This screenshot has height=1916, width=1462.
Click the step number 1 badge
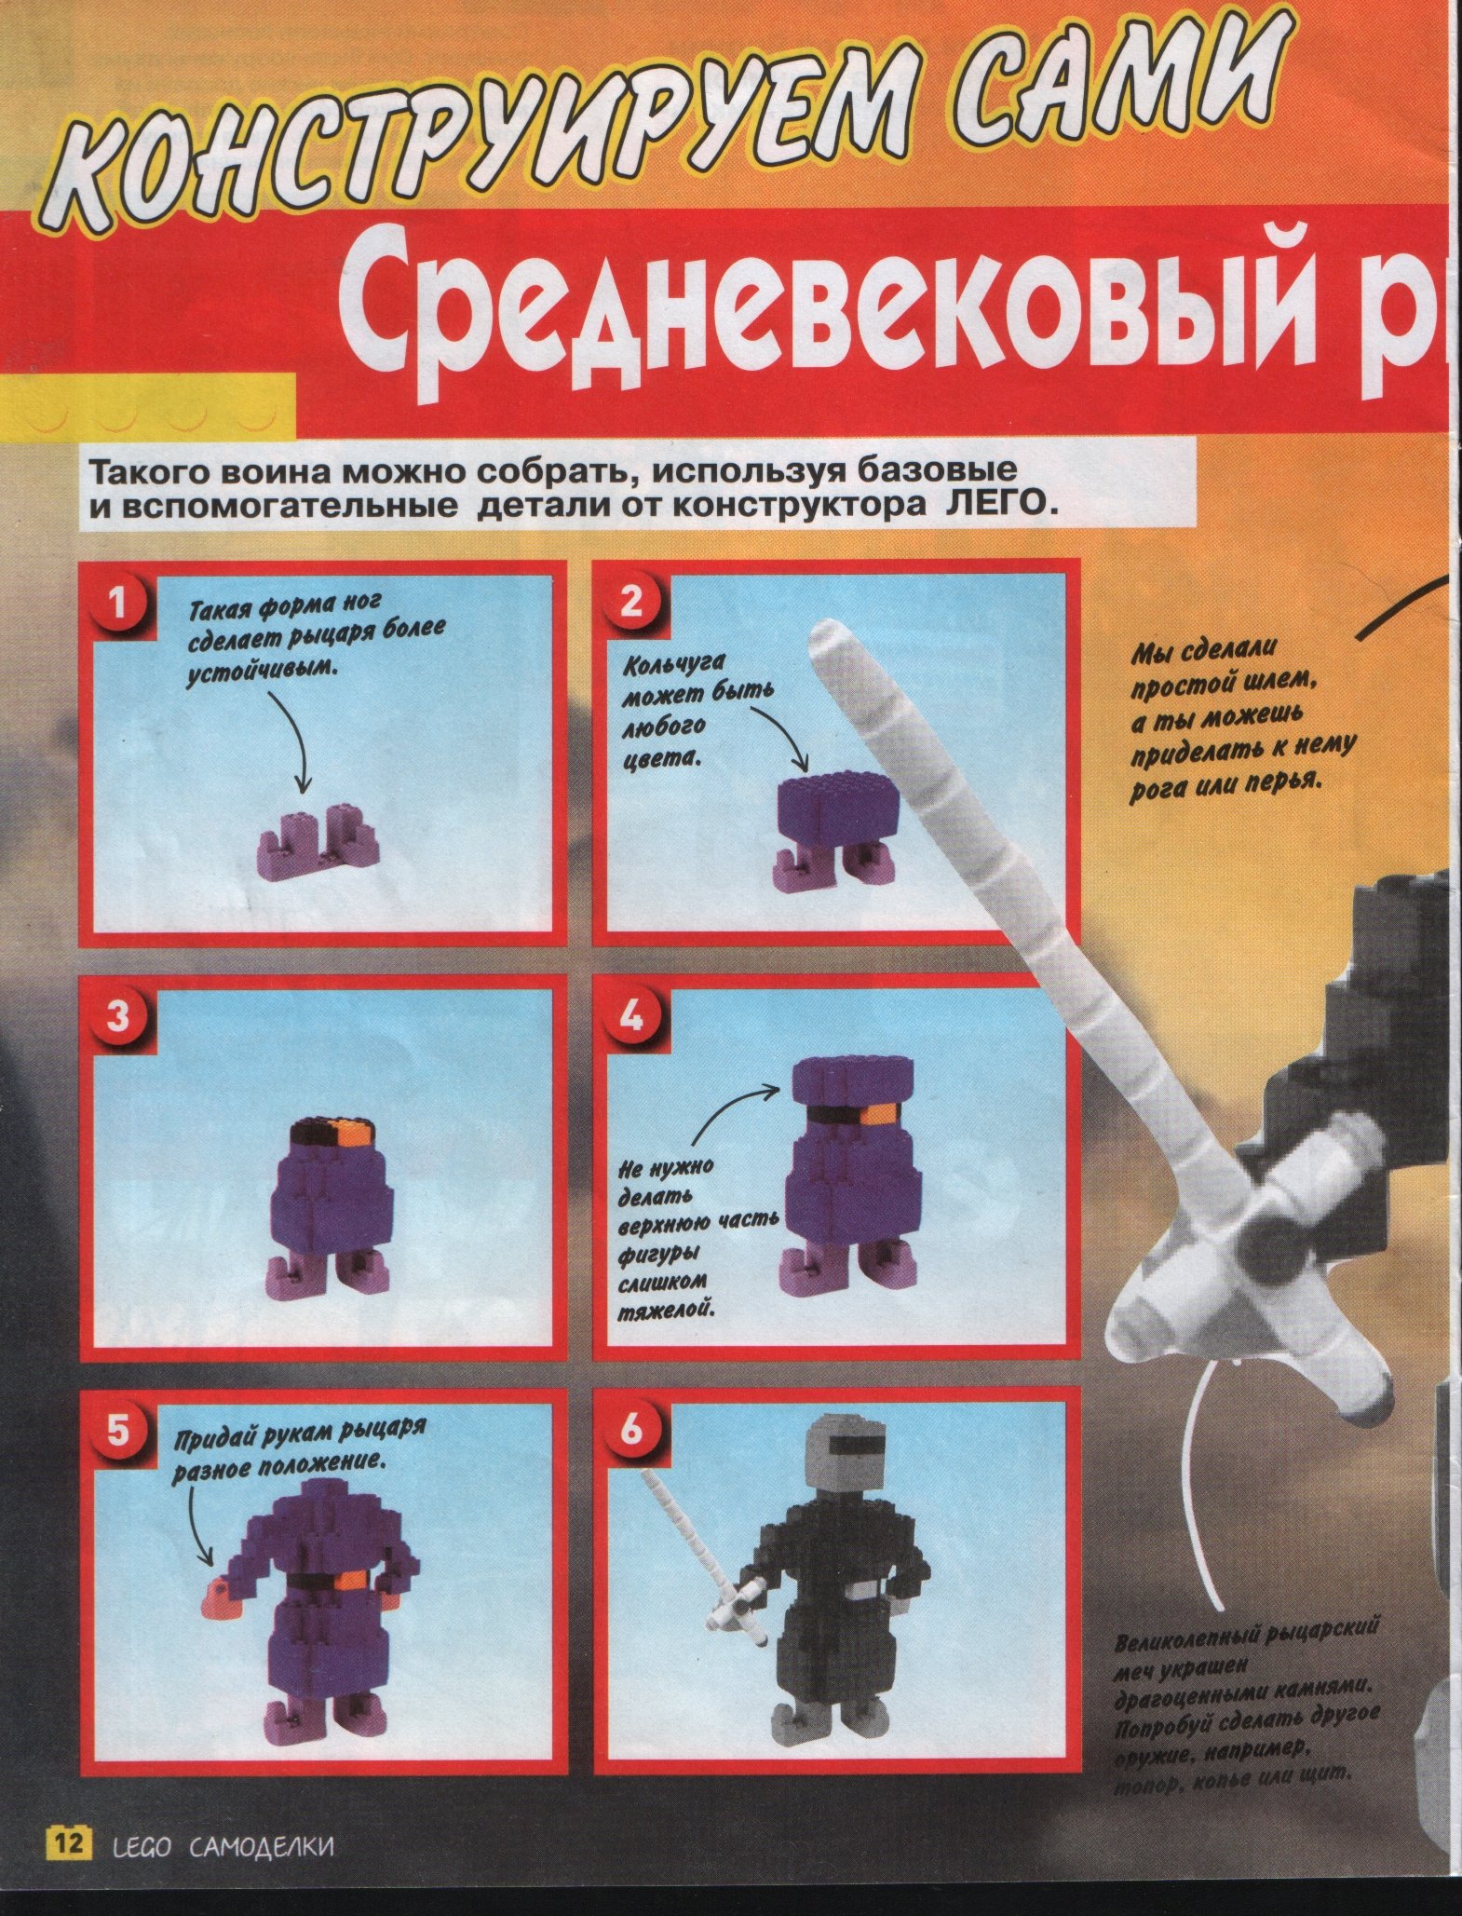click(117, 605)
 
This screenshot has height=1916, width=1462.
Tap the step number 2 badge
click(630, 604)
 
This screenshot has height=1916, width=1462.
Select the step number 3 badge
click(117, 1017)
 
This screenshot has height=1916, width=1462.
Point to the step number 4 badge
click(630, 1017)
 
